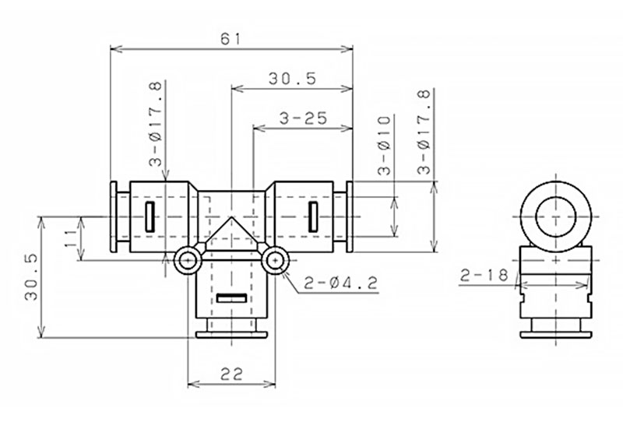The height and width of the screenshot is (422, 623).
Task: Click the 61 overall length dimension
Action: pyautogui.click(x=231, y=39)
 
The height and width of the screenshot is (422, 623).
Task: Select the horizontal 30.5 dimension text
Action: pyautogui.click(x=293, y=79)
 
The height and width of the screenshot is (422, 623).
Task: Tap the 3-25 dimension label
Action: pyautogui.click(x=303, y=118)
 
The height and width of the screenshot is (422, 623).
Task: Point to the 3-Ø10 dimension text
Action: pyautogui.click(x=384, y=146)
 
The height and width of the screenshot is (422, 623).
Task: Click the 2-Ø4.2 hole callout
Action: pyautogui.click(x=340, y=283)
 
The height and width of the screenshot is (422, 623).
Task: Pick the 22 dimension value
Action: pyautogui.click(x=231, y=374)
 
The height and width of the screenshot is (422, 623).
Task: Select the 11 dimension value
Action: pyautogui.click(x=72, y=237)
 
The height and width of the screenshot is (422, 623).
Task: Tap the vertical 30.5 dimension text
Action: pyautogui.click(x=31, y=277)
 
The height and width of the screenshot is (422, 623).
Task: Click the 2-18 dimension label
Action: pyautogui.click(x=484, y=275)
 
